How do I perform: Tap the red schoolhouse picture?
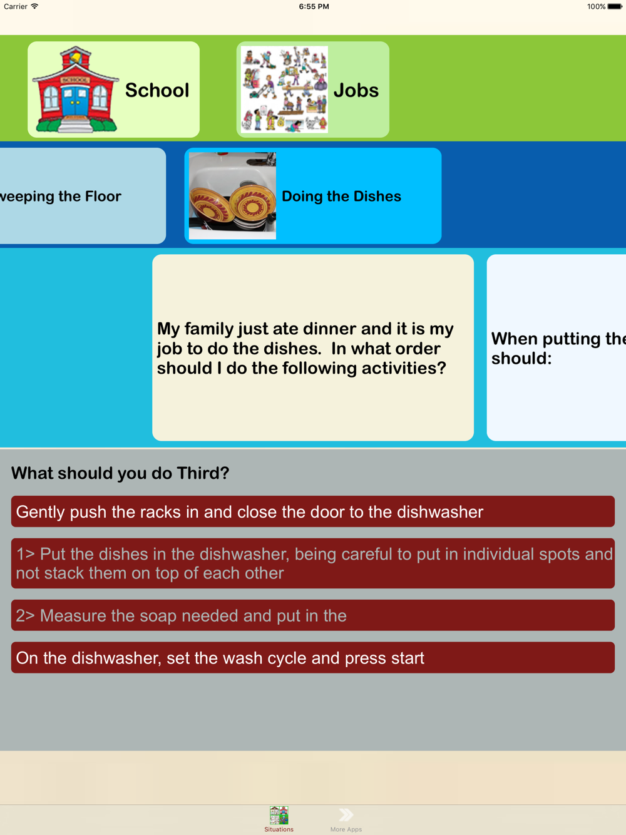point(75,90)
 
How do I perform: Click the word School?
point(157,90)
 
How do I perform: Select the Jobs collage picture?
point(284,90)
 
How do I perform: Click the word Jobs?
point(356,90)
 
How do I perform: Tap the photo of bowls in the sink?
point(232,195)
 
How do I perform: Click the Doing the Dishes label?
point(341,197)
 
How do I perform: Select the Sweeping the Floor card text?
point(61,197)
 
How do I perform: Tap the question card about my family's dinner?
point(313,347)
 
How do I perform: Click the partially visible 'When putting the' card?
point(557,347)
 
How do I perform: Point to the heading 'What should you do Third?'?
point(120,473)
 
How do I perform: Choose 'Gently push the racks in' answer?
point(312,511)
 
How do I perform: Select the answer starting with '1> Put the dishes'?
point(312,563)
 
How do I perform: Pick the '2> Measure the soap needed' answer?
point(312,615)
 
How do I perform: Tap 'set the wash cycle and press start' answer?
point(312,658)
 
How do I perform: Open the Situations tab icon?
point(279,815)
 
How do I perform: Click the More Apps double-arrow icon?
point(346,814)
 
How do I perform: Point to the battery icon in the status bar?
point(615,6)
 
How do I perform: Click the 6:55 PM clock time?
point(314,6)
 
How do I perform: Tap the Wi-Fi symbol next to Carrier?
point(34,6)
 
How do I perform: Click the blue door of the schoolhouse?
point(75,101)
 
